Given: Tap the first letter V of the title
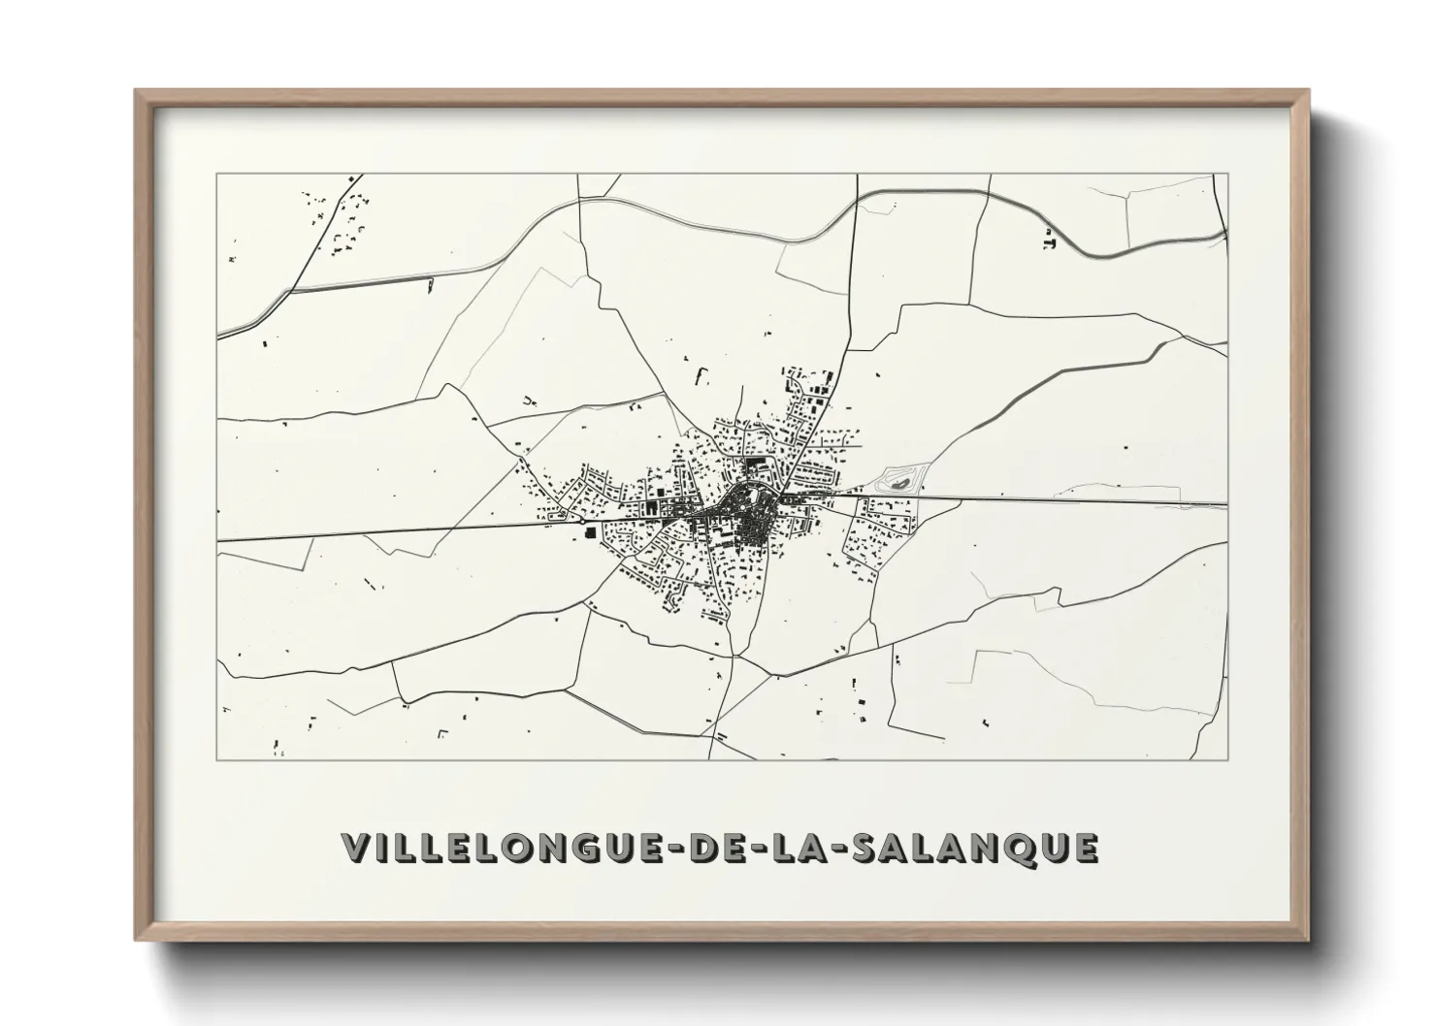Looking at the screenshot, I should pyautogui.click(x=355, y=847).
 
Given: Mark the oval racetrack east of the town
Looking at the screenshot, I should pyautogui.click(x=899, y=479).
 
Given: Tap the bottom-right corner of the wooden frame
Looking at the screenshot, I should pyautogui.click(x=1307, y=940).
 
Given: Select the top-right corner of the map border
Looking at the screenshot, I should pyautogui.click(x=1227, y=175).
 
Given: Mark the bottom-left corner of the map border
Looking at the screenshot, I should pyautogui.click(x=217, y=759).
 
